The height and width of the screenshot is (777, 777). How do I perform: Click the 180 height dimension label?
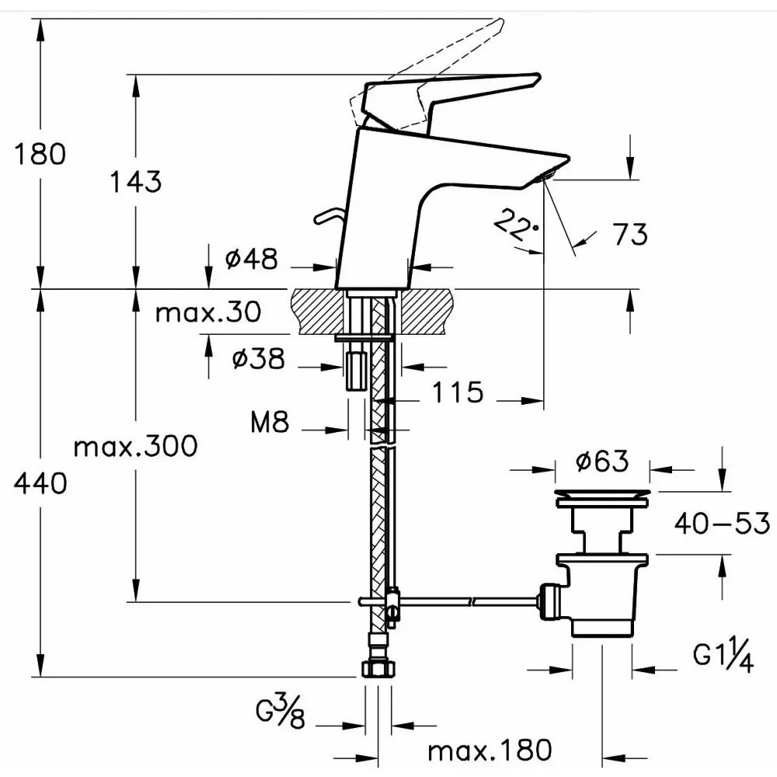(x=40, y=154)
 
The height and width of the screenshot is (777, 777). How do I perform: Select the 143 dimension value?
(x=135, y=181)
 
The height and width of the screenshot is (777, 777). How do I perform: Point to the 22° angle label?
(x=516, y=225)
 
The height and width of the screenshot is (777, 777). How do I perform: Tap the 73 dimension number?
(x=630, y=234)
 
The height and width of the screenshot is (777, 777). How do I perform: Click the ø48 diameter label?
(x=252, y=259)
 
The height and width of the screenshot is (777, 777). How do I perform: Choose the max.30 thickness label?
(x=208, y=312)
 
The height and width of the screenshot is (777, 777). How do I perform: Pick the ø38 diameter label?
(x=258, y=357)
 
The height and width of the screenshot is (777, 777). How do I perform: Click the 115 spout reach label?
(x=458, y=392)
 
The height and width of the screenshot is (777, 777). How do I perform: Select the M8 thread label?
(x=270, y=422)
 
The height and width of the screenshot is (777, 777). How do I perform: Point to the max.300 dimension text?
(x=135, y=446)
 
